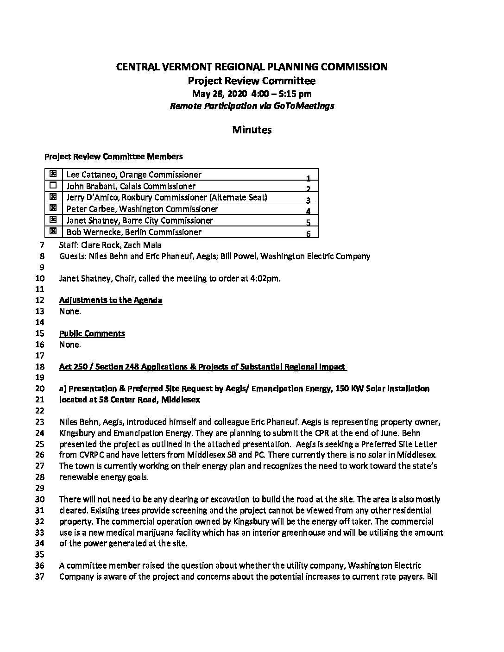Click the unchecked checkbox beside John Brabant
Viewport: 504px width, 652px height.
pyautogui.click(x=53, y=185)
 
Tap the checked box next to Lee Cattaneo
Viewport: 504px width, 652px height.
pyautogui.click(x=53, y=174)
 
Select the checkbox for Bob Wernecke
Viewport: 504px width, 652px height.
pyautogui.click(x=53, y=231)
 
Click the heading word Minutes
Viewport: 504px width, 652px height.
pyautogui.click(x=252, y=130)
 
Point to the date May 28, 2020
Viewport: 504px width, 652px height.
pyautogui.click(x=214, y=94)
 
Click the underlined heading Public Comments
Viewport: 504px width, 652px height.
pyautogui.click(x=92, y=333)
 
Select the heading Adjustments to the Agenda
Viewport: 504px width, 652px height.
pyautogui.click(x=110, y=300)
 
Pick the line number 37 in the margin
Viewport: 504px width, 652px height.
pyautogui.click(x=39, y=577)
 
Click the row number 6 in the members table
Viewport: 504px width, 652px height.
pyautogui.click(x=308, y=234)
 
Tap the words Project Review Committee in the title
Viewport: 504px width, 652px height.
pyautogui.click(x=252, y=81)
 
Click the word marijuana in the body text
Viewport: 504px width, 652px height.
pyautogui.click(x=208, y=533)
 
